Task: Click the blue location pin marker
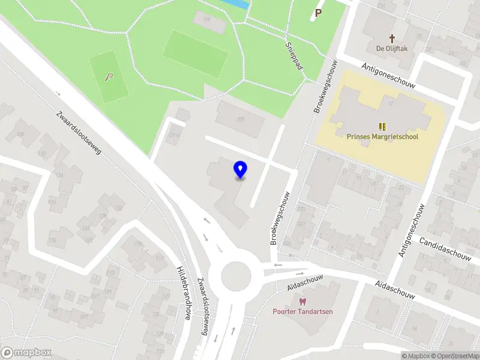(241, 170)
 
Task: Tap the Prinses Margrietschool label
(382, 136)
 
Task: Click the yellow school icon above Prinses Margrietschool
(382, 126)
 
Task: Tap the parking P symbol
(318, 12)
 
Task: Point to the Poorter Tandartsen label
(302, 311)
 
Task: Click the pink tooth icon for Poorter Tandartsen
(302, 301)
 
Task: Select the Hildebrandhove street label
(182, 293)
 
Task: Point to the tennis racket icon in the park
(108, 77)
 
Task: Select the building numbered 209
(241, 119)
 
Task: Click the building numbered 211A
(175, 136)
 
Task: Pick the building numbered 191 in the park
(208, 20)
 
